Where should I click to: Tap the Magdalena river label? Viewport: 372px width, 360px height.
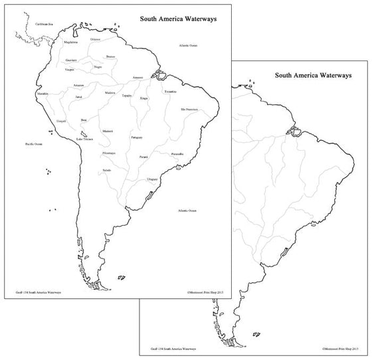(72, 42)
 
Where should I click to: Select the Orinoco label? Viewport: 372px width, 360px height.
(96, 39)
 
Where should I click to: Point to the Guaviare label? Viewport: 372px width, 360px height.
(72, 60)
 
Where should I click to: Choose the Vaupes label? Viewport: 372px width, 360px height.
(69, 69)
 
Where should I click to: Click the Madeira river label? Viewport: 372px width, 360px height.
(110, 93)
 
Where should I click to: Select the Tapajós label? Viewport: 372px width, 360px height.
(126, 96)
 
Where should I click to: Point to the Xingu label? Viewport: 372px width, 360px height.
(144, 98)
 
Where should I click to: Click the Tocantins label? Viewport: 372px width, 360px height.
(170, 91)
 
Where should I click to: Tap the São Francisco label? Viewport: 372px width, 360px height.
(189, 109)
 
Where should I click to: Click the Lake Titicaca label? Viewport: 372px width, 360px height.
(84, 139)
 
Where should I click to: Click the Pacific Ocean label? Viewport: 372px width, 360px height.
(34, 143)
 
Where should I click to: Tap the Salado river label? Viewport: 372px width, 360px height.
(107, 170)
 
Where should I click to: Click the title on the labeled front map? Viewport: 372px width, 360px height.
(178, 19)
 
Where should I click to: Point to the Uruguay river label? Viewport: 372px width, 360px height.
(152, 179)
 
